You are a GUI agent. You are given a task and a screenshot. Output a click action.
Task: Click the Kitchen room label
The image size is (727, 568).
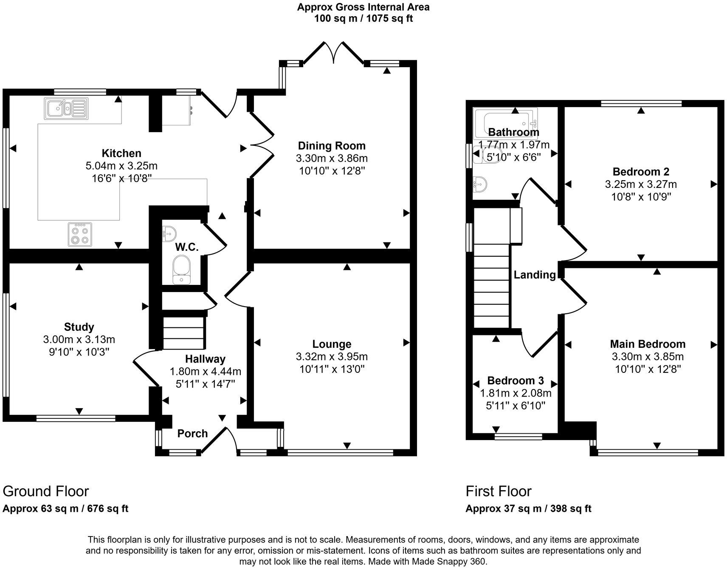point(121,153)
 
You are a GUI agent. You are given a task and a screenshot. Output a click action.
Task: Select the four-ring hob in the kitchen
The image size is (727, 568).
point(80,234)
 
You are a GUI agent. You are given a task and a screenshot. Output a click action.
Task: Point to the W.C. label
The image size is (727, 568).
point(187,247)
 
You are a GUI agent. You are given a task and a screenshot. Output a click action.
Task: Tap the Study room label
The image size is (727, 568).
point(79,327)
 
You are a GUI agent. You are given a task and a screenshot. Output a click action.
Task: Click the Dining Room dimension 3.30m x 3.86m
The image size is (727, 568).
point(332,159)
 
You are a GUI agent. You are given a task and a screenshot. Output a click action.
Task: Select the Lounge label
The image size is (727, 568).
point(332,344)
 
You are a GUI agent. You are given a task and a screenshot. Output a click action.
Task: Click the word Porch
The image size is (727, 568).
point(192,433)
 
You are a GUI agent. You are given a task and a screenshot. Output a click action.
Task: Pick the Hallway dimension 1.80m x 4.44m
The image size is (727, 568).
point(206,372)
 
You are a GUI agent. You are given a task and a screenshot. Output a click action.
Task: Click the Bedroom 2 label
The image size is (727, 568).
point(641,172)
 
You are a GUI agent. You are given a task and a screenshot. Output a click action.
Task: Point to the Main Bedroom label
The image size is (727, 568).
point(648,344)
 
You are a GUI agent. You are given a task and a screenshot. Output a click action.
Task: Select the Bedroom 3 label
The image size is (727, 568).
point(516,381)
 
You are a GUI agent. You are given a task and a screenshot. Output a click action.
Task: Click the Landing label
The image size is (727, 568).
point(535,275)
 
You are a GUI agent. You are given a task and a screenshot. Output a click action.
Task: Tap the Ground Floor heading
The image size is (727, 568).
point(46,491)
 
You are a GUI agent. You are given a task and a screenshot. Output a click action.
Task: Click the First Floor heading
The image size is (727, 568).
point(499,491)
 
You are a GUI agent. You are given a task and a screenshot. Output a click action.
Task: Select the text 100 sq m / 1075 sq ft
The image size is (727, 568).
point(363,18)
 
